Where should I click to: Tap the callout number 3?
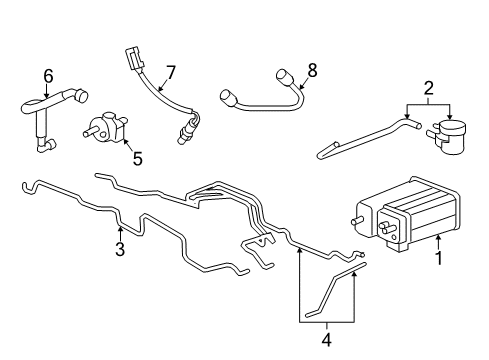(119, 250)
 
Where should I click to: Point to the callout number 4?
(327, 339)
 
